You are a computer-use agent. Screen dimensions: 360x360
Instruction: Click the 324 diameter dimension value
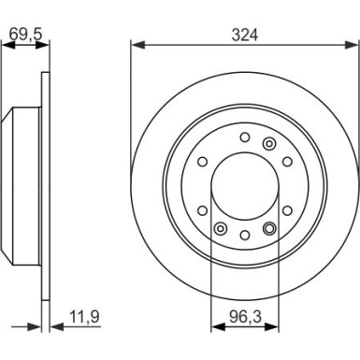(245, 36)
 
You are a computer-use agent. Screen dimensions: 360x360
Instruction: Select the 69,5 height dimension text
(25, 34)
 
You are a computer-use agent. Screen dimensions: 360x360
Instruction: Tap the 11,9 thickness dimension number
(84, 317)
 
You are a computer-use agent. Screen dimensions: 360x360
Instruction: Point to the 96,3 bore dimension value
(245, 317)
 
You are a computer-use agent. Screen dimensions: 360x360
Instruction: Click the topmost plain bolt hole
(245, 137)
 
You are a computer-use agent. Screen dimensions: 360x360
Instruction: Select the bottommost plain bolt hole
(245, 236)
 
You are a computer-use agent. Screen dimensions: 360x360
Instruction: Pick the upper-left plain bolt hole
(203, 162)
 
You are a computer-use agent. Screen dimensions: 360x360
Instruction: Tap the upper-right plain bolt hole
(287, 162)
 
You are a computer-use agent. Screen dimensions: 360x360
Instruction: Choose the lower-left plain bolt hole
(203, 210)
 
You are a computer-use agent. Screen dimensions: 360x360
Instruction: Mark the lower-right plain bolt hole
(287, 210)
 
